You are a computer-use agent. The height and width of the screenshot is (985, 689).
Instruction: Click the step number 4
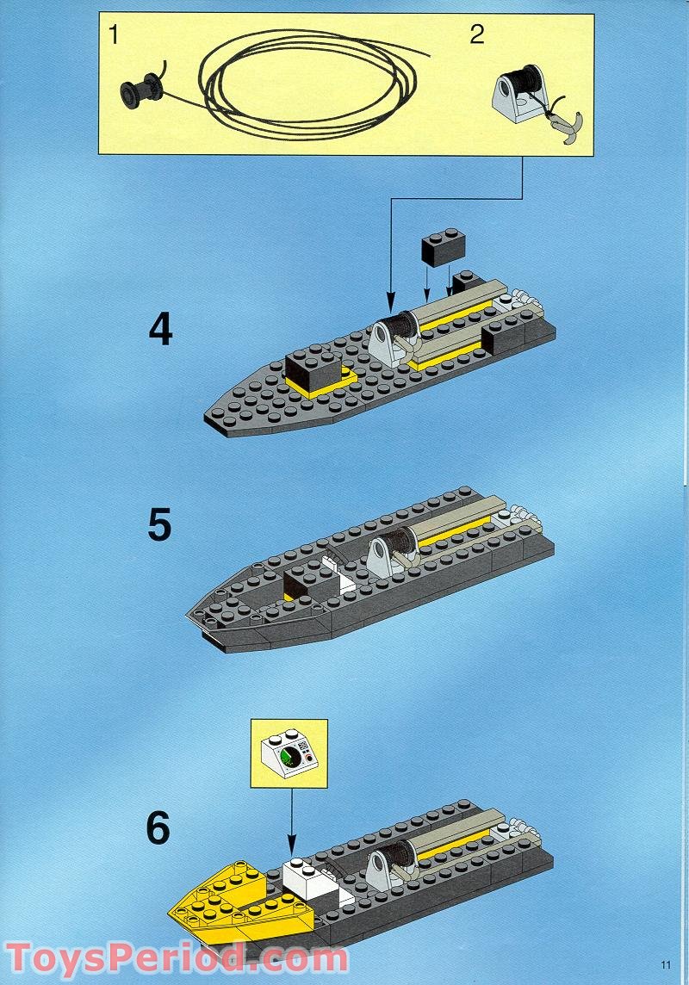pos(160,330)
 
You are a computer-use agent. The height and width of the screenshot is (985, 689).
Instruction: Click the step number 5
pos(159,525)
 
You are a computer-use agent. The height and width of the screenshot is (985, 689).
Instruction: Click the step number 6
pos(158,827)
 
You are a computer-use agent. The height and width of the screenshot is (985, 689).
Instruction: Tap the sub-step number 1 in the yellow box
pos(113,36)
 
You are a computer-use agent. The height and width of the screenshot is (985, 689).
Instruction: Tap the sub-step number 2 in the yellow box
pos(476,35)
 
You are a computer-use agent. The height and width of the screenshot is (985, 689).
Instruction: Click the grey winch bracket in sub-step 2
pos(516,98)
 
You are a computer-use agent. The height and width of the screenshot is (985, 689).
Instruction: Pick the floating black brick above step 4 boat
pos(443,246)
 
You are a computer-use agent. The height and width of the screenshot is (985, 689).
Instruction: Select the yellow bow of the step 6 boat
pos(233,904)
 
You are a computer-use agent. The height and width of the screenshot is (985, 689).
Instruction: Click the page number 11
pos(665,964)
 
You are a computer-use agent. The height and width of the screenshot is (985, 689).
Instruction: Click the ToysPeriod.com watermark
pos(177,957)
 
